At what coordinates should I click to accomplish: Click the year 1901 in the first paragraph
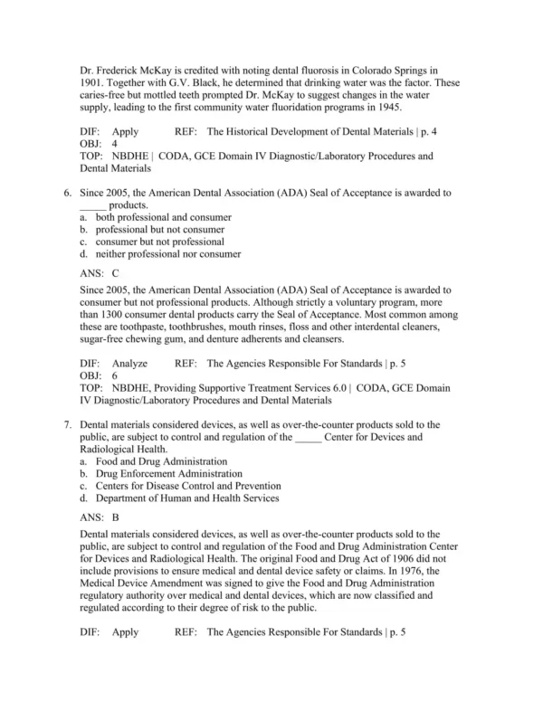pos(92,81)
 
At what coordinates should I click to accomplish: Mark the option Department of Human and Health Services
pos(187,498)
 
